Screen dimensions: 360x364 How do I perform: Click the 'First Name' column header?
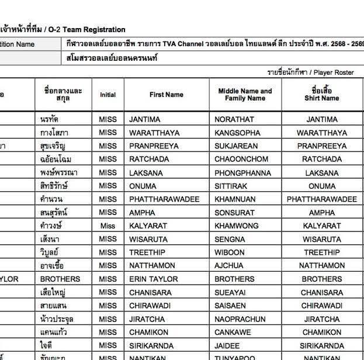tap(166, 95)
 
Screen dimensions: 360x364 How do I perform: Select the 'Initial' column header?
tap(108, 95)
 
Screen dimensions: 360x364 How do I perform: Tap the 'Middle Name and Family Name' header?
tap(245, 95)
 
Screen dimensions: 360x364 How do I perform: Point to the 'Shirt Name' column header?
tap(321, 95)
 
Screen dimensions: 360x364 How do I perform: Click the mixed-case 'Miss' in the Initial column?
tap(108, 226)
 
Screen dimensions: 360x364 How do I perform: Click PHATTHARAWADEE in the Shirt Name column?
tap(321, 199)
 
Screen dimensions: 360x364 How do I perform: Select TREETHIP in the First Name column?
tap(148, 252)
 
